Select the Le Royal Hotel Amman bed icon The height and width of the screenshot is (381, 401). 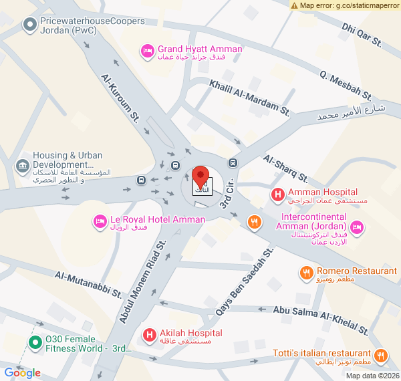click(x=100, y=220)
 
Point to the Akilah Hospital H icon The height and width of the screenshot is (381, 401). click(x=150, y=334)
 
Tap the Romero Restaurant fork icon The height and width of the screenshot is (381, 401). click(x=306, y=272)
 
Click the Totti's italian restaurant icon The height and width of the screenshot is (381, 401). click(x=380, y=355)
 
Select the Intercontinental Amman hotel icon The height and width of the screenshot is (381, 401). click(x=357, y=227)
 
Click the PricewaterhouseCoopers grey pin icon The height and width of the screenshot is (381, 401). click(x=29, y=26)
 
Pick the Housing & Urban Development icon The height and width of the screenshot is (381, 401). click(x=22, y=165)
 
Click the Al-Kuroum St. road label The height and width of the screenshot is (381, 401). click(x=120, y=96)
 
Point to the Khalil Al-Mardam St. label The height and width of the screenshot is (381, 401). click(x=249, y=98)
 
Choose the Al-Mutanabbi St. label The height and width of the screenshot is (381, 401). click(x=89, y=285)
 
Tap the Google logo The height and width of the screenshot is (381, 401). click(x=23, y=373)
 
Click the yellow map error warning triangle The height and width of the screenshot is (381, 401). click(x=294, y=5)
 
